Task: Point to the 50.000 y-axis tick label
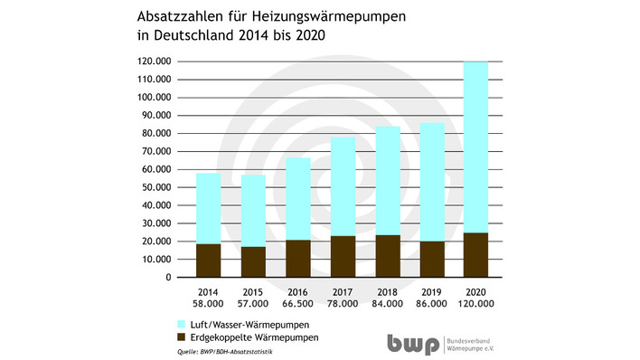[x=155, y=187]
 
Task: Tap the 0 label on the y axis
[x=167, y=278]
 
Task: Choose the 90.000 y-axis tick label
[x=155, y=116]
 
